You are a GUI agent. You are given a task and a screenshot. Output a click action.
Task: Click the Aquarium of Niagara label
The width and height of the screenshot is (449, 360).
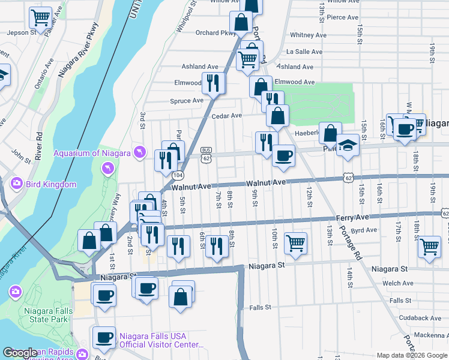(92, 153)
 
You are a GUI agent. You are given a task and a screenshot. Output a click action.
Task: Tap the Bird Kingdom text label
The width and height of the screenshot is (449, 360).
(50, 184)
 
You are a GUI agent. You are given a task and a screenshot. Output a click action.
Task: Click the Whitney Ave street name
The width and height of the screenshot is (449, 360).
(308, 35)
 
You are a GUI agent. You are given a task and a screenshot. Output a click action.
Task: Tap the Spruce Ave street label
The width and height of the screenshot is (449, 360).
(187, 101)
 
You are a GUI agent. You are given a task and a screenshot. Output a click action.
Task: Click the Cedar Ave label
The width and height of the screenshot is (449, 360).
(226, 115)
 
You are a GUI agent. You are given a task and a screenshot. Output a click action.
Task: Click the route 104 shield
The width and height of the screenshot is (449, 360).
(178, 175)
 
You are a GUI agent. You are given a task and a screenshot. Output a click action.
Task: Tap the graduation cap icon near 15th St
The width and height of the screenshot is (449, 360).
(348, 146)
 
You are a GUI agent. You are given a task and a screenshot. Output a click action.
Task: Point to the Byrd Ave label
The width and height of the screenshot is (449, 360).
(364, 230)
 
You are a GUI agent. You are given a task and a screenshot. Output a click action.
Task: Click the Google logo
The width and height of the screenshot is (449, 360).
(20, 353)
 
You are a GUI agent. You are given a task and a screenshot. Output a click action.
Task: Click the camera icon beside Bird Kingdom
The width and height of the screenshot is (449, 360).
(16, 184)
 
